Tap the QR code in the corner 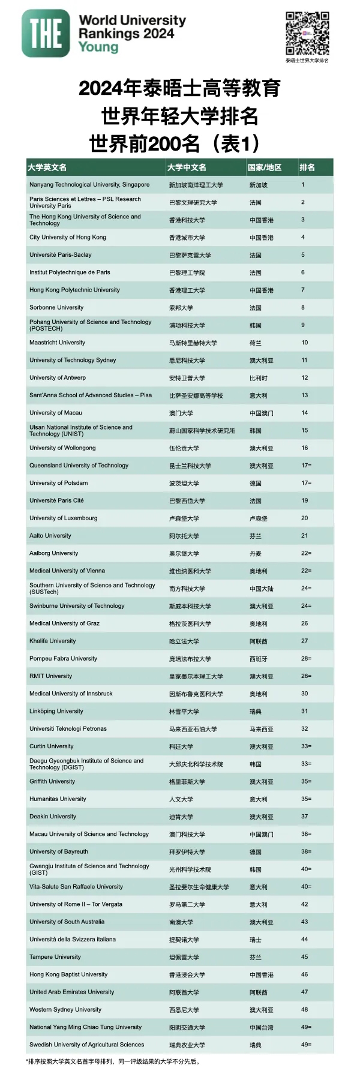coord(307,33)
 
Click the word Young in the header coord(98,47)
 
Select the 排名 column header coord(307,167)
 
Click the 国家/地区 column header coord(265,167)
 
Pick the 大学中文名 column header coord(187,167)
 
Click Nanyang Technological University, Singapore coord(89,185)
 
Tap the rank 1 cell coord(303,185)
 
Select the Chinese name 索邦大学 coord(181,308)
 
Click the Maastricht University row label coord(57,343)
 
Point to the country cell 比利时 coord(258,378)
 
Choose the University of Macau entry coord(56,413)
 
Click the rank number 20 coord(304,518)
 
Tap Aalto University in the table coord(50,536)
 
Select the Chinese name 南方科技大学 coord(187,589)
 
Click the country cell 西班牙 coord(258,659)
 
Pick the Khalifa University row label coord(53,641)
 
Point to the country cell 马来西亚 coord(261,729)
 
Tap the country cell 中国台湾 coord(261,1028)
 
